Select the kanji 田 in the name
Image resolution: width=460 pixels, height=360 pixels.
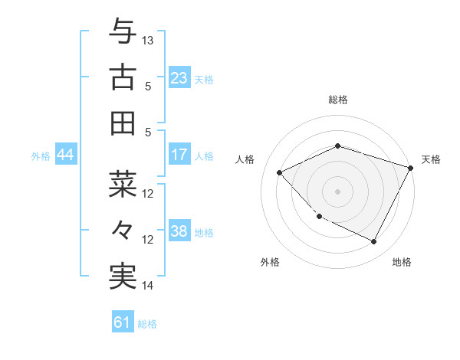(123, 123)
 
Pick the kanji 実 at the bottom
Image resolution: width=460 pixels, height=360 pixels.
(123, 277)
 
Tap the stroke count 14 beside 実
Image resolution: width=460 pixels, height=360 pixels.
(149, 286)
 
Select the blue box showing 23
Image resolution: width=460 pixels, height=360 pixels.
(179, 77)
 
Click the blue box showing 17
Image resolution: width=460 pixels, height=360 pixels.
(179, 155)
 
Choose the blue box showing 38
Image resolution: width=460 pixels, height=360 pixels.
(179, 231)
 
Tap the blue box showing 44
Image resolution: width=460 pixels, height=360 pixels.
(65, 155)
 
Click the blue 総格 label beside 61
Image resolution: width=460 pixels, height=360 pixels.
(147, 324)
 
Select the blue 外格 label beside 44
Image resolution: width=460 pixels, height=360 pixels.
(41, 155)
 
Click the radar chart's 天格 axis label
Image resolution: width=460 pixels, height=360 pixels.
(431, 159)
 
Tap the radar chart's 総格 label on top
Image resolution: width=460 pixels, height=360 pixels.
(338, 100)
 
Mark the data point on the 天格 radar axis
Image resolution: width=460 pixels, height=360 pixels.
(411, 166)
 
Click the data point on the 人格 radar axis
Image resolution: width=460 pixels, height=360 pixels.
(280, 172)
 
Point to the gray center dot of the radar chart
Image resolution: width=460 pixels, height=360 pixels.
(338, 191)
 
